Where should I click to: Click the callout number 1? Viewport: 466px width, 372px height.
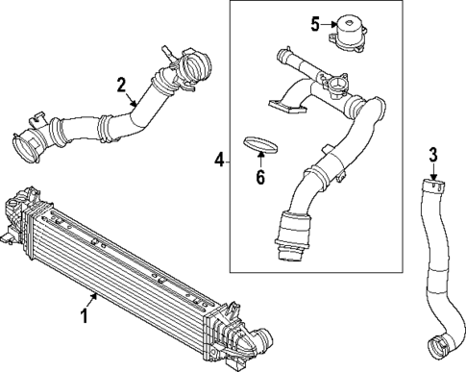pos(85,315)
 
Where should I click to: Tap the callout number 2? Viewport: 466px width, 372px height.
pos(121,85)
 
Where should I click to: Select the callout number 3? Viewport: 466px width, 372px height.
pos(432,155)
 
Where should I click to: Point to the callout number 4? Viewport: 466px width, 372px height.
pos(219,160)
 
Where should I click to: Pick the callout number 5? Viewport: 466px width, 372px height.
pos(315,24)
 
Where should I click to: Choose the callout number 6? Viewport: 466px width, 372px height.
pos(260,177)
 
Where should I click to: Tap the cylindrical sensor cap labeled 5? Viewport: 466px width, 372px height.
pos(347,33)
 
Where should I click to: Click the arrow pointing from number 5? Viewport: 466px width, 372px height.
pos(329,24)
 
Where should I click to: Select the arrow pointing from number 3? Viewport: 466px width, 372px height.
pos(433,171)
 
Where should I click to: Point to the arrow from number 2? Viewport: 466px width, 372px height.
pos(132,99)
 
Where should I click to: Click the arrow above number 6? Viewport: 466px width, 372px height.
pos(260,160)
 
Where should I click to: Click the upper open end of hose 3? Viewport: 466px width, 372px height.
pos(433,184)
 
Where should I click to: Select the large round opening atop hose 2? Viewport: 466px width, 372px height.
pos(195,65)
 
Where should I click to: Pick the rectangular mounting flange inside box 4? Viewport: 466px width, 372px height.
pos(287,107)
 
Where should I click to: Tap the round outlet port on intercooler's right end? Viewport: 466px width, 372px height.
pos(263,339)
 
